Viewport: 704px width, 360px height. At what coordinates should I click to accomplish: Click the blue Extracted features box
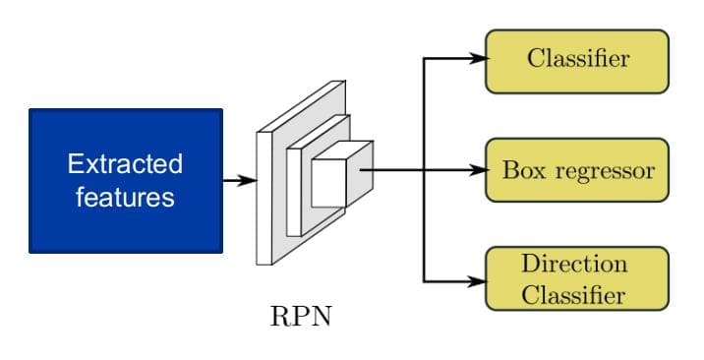[x=126, y=180]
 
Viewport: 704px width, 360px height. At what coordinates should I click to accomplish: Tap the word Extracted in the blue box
[x=125, y=163]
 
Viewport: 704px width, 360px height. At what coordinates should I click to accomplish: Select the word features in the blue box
[x=125, y=197]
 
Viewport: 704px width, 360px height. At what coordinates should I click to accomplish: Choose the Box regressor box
[x=577, y=170]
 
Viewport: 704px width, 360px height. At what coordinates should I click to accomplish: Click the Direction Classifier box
[x=577, y=279]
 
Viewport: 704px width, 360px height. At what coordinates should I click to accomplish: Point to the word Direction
[x=574, y=264]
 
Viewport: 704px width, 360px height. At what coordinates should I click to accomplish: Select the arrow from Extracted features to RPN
[x=239, y=180]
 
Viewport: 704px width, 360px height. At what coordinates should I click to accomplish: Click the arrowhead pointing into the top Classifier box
[x=480, y=59]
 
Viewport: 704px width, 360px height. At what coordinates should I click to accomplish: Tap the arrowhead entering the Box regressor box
[x=480, y=170]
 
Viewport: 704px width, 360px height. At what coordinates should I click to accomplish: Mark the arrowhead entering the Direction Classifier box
[x=480, y=281]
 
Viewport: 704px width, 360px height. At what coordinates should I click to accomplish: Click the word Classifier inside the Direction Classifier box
[x=574, y=294]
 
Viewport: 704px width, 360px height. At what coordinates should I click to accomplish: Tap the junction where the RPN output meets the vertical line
[x=424, y=170]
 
